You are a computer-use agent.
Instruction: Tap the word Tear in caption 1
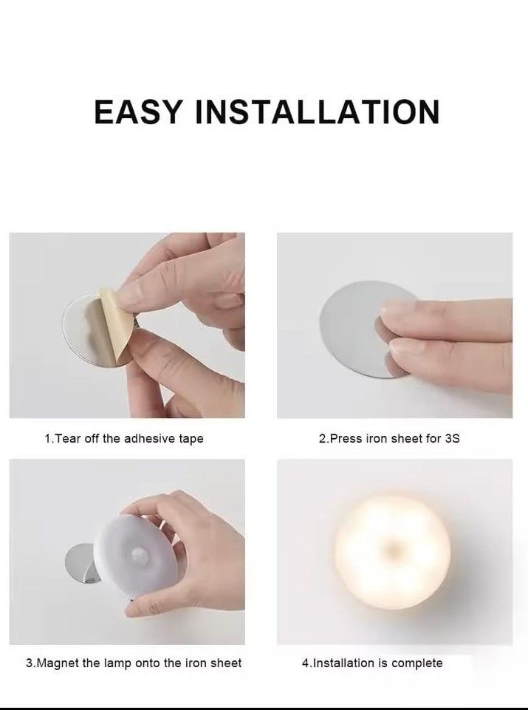(x=67, y=439)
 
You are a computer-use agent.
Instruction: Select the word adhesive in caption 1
(x=147, y=439)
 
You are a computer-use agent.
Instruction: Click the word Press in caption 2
(x=345, y=439)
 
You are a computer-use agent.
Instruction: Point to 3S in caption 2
(x=452, y=439)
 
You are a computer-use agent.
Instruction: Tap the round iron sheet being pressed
(x=347, y=325)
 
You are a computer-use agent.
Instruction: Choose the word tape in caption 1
(x=191, y=439)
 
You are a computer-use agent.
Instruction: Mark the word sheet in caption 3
(x=227, y=663)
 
